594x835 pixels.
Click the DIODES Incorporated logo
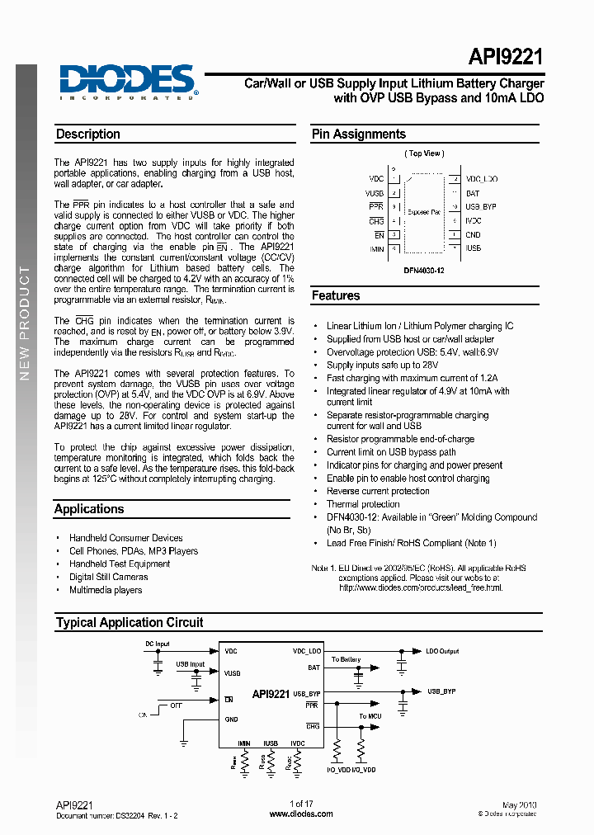point(127,82)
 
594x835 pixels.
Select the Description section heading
point(88,134)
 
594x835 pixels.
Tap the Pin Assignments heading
point(358,134)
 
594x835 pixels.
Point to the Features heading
point(336,295)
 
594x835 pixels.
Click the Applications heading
point(89,509)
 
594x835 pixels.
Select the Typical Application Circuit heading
point(130,622)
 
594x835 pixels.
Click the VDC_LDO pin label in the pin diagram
point(482,179)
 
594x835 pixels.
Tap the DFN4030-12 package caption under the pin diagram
point(424,270)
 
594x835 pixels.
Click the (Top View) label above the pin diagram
point(424,153)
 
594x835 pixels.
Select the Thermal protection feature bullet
point(363,504)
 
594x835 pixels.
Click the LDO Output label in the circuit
point(442,651)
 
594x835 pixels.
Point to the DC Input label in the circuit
point(157,644)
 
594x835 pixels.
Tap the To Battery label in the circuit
point(346,659)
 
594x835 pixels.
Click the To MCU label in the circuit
point(370,716)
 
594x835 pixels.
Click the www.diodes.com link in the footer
point(302,814)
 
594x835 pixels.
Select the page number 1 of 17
point(301,804)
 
